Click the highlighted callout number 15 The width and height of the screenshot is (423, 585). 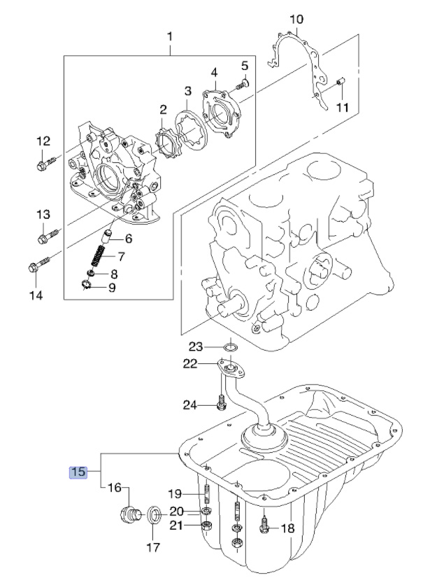tap(78, 472)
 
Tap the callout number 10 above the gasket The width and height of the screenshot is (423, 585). tap(296, 19)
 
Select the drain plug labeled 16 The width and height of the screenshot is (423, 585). tap(131, 515)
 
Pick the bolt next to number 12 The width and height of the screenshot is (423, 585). tap(47, 163)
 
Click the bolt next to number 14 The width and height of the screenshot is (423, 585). tap(38, 265)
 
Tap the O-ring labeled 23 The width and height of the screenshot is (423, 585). tap(230, 348)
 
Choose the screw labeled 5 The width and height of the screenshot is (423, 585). tap(242, 84)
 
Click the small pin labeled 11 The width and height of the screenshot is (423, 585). tap(340, 81)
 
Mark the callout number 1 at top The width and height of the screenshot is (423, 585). tap(170, 37)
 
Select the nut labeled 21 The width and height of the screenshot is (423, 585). tap(206, 526)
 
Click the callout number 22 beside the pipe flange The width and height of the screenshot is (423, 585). tap(189, 363)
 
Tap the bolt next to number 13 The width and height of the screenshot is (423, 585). tap(48, 235)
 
